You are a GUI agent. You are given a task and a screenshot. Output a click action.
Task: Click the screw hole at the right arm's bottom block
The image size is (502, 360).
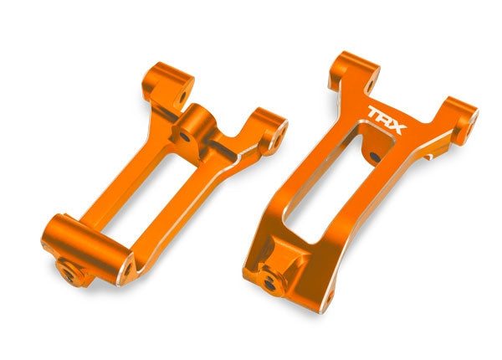point(269,283)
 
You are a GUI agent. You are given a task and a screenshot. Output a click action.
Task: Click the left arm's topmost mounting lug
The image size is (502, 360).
point(172,80)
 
